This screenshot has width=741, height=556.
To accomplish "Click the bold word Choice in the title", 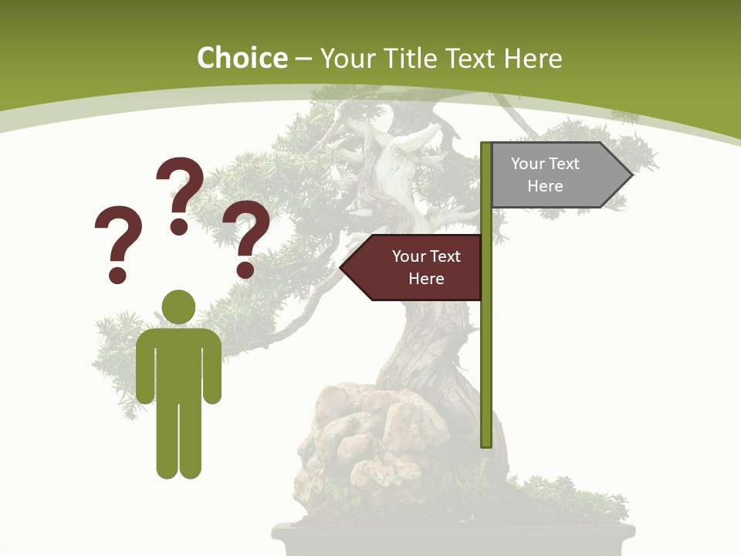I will point(242,58).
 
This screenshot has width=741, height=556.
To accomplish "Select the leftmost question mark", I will point(118,236).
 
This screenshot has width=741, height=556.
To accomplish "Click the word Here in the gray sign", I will point(545,186).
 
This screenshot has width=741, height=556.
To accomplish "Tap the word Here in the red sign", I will point(426,279).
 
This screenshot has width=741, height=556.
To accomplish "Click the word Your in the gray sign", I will point(528,164).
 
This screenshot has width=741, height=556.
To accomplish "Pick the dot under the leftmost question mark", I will point(117,275).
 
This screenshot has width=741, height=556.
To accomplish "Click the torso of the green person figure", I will point(179,363).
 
